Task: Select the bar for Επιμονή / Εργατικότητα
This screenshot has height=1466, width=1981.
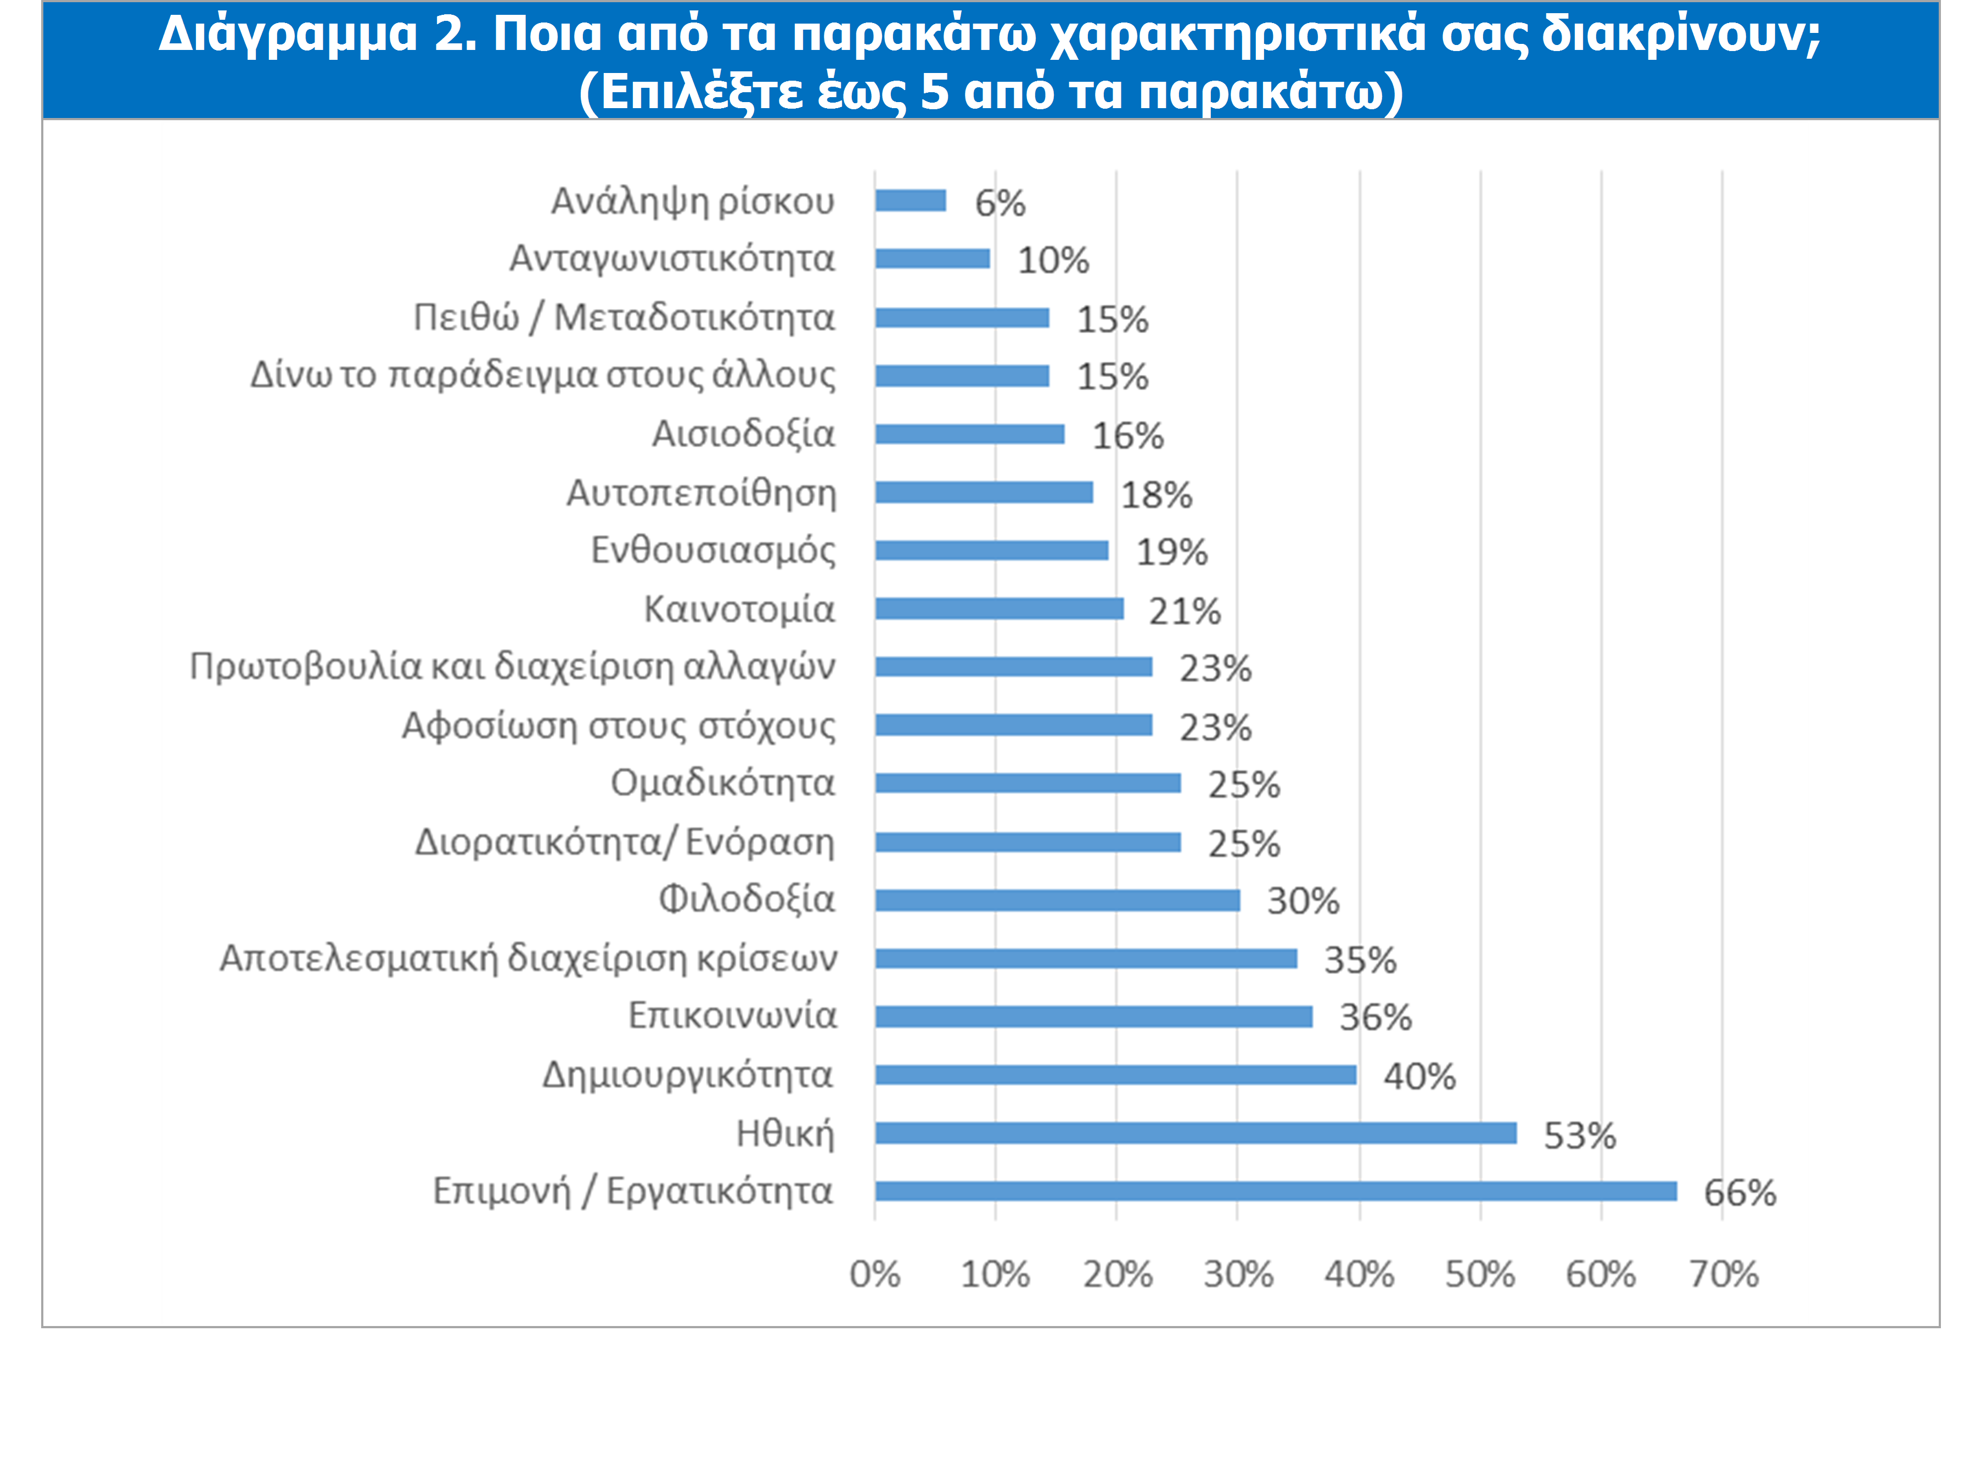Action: click(1276, 1191)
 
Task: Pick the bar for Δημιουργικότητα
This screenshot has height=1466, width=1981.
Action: click(1115, 1075)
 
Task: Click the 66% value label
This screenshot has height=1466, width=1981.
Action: click(1739, 1193)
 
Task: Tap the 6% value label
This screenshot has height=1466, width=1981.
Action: click(1000, 203)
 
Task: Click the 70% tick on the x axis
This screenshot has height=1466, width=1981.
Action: click(1722, 1274)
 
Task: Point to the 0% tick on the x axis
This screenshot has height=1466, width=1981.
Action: click(875, 1274)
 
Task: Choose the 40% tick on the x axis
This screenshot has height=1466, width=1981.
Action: click(1359, 1274)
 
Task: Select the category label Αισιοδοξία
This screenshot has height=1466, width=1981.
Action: click(744, 434)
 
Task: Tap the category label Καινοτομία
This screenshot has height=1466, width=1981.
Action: click(739, 609)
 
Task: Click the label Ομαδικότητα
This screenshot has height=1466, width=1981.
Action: click(722, 783)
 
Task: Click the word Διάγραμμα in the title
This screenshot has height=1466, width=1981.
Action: click(289, 33)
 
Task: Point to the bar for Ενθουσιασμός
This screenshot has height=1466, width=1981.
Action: click(991, 550)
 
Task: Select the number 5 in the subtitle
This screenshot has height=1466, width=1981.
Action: click(935, 91)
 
